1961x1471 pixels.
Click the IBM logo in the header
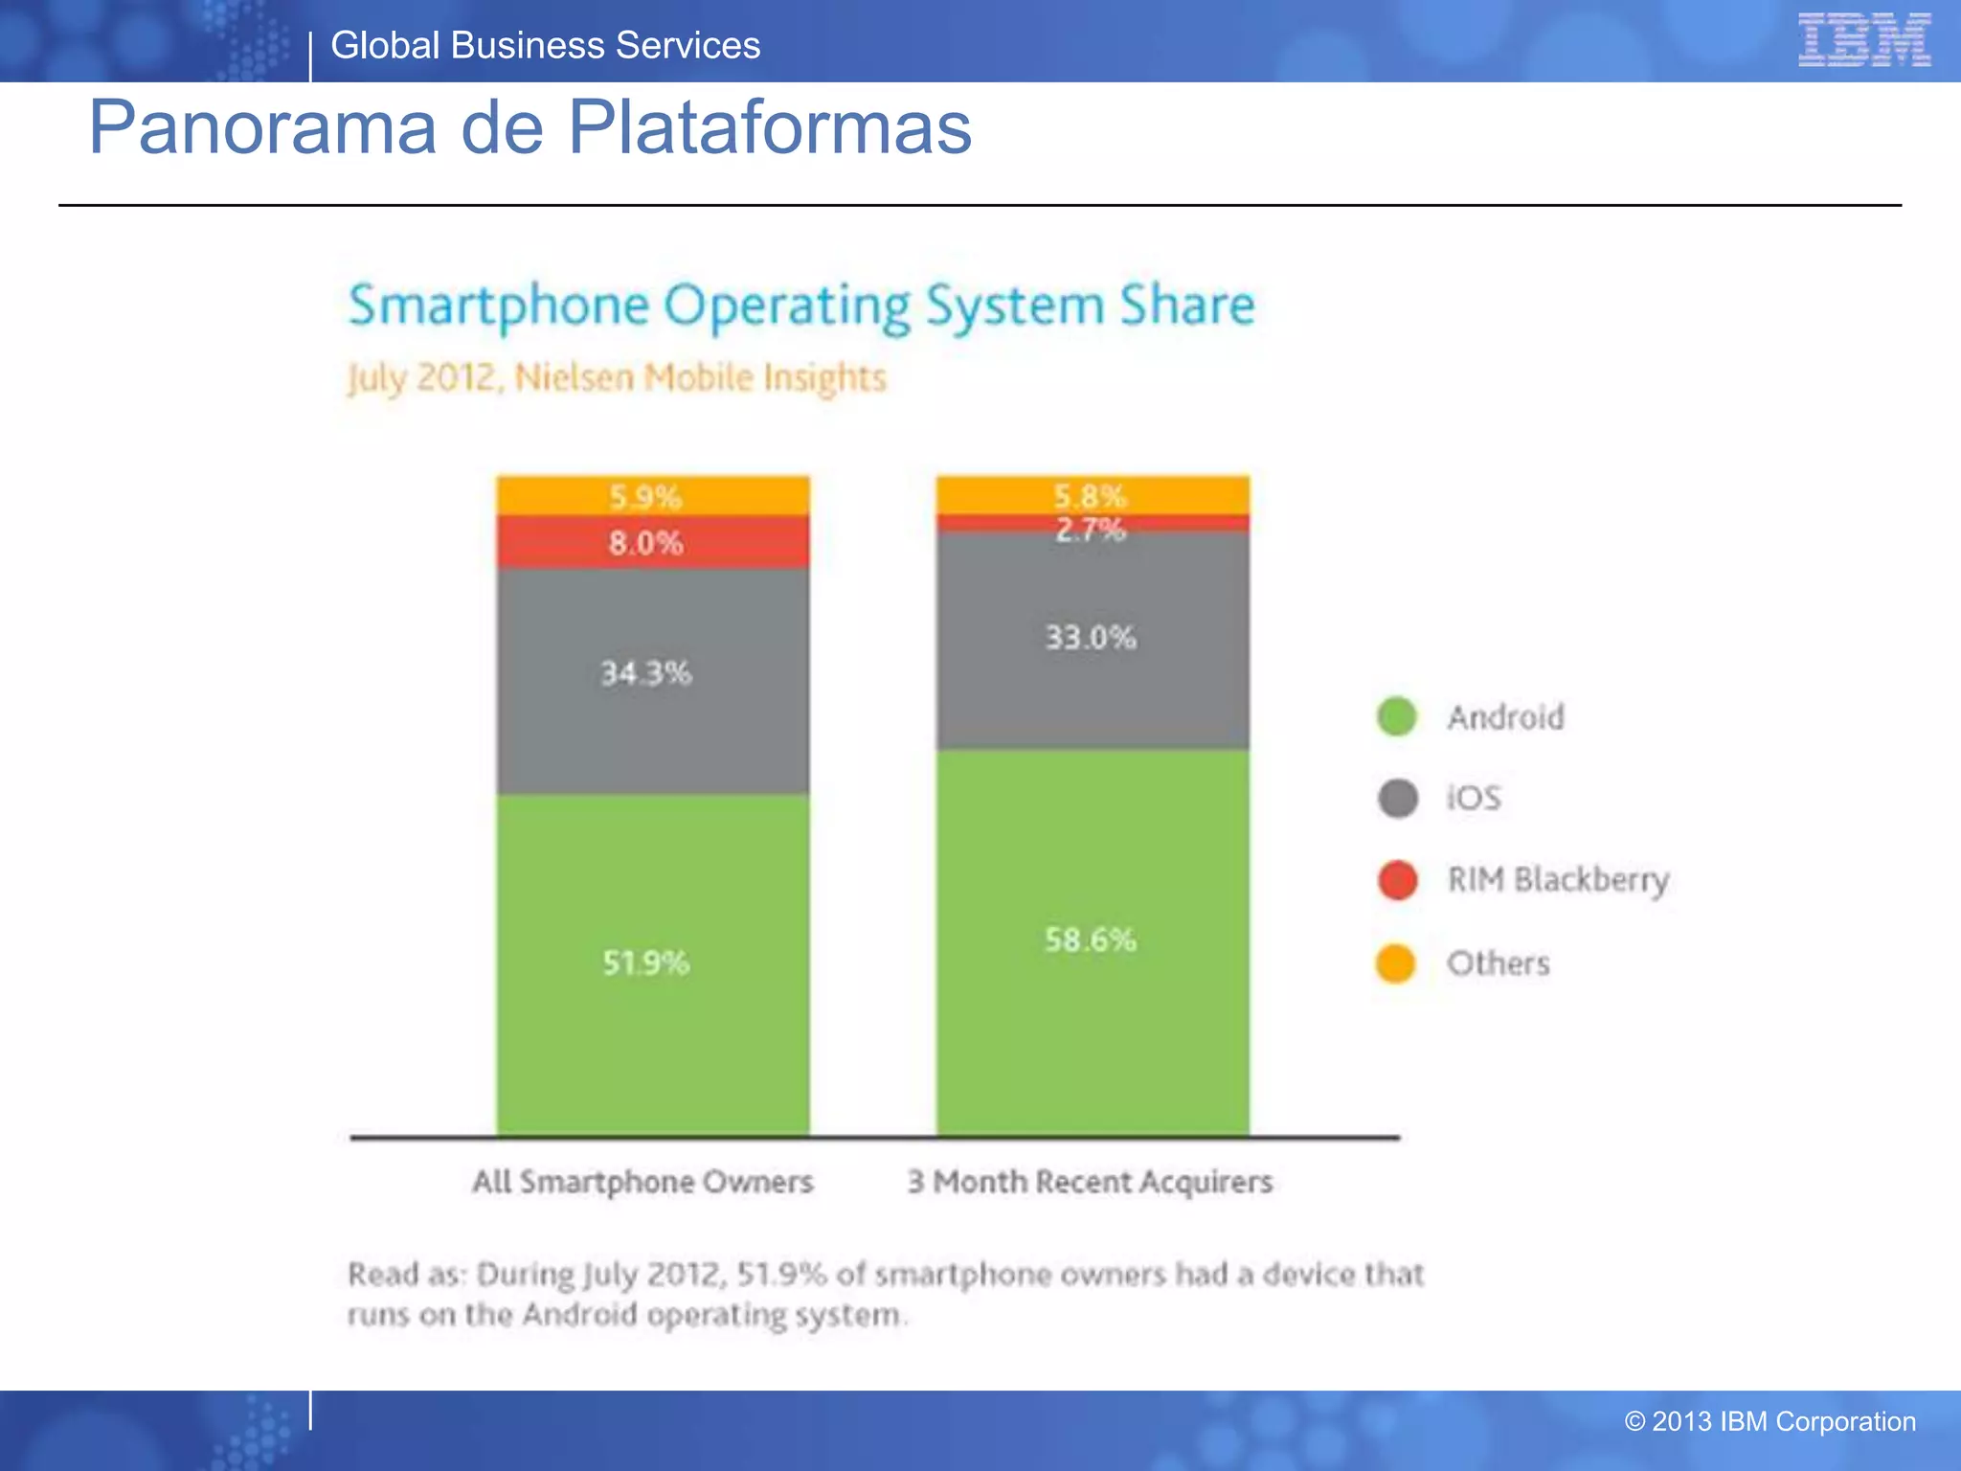click(1863, 39)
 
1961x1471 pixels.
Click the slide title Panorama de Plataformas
click(530, 127)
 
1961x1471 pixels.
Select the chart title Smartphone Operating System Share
click(800, 306)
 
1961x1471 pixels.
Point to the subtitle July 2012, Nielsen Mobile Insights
click(617, 377)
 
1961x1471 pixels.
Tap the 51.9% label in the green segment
click(645, 962)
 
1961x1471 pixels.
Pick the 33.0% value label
click(1091, 637)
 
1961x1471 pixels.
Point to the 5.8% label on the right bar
click(1091, 495)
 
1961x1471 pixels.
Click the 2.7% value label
click(1091, 529)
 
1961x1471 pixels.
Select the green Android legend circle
click(1396, 716)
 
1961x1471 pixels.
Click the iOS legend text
click(1474, 798)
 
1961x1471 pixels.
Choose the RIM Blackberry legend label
click(1557, 879)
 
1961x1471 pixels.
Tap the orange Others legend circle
click(1396, 963)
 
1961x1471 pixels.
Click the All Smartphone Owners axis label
click(642, 1182)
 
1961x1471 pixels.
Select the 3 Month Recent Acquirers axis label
click(1090, 1182)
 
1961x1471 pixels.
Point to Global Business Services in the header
click(545, 46)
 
